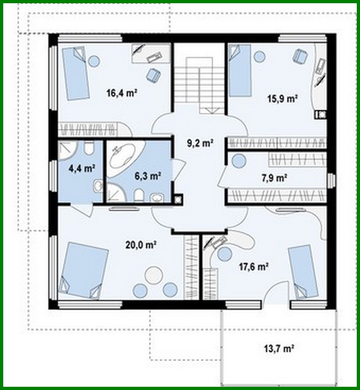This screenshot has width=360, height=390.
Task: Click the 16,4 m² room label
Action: coord(122,93)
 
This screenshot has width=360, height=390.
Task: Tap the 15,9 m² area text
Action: coord(282,98)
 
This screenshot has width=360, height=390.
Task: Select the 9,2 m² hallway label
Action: coord(200,143)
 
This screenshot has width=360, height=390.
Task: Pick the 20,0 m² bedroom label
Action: coord(141,244)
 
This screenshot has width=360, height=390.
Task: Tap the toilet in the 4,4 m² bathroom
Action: coord(89,148)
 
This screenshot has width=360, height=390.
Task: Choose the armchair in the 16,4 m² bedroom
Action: coord(153,74)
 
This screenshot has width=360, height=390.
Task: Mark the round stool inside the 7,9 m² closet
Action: coord(239,161)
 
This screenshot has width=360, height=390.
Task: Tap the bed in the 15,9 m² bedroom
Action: coord(240,71)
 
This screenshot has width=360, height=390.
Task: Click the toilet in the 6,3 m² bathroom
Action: coord(139,194)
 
